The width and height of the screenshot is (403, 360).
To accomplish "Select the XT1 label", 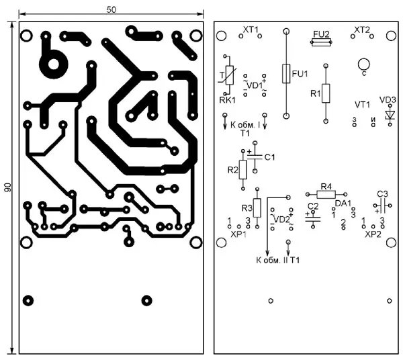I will point(250,30).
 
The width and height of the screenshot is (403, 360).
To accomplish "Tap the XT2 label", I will point(362,30).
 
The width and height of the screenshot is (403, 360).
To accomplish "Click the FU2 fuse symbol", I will point(321,42).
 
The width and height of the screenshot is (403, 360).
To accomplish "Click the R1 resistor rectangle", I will point(326,93).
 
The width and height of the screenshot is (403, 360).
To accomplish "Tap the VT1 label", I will point(363,105).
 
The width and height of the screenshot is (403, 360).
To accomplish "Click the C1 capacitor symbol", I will point(255,156).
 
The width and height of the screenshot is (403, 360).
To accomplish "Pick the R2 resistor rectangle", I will point(243,171).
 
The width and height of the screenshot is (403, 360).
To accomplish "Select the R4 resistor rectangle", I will point(326,194).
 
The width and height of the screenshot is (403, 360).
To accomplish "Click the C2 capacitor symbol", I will point(313,218).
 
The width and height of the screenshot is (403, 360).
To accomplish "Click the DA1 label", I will point(343,203).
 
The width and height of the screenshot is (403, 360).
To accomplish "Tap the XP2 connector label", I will point(372,236).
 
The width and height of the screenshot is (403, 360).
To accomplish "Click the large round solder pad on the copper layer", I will point(52,64).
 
